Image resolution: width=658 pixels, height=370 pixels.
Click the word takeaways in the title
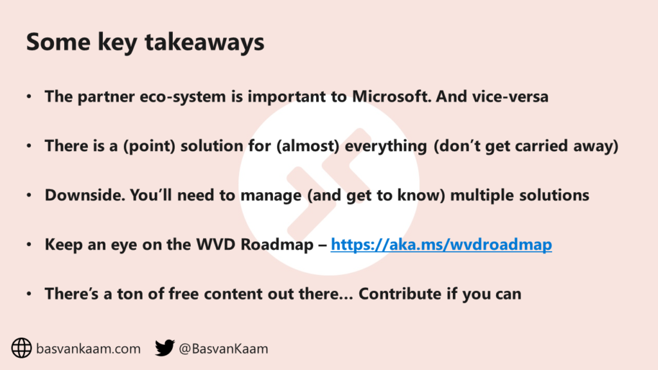204,43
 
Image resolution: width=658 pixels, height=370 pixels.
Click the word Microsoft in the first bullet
391,96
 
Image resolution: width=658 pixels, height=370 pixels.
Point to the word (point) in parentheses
149,146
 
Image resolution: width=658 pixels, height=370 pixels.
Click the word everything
386,146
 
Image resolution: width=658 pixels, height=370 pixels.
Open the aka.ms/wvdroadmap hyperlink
441,245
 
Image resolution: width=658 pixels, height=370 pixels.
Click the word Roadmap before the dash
277,245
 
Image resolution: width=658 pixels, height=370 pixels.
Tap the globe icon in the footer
21,348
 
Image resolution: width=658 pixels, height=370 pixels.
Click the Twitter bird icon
164,348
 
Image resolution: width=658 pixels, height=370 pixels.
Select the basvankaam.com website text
88,349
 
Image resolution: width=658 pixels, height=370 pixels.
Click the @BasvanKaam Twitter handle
223,349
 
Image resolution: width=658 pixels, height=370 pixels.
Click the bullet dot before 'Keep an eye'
29,245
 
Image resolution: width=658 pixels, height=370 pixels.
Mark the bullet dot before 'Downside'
29,195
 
